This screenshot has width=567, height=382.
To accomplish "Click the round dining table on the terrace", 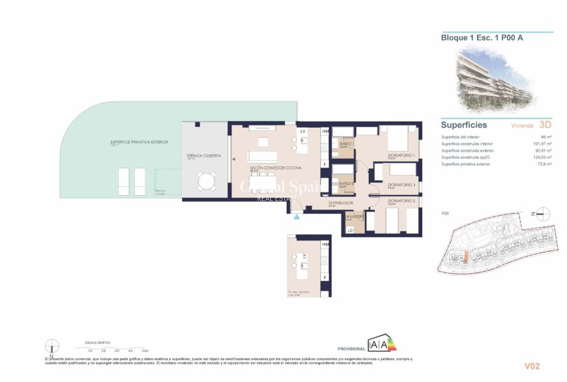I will (206, 180).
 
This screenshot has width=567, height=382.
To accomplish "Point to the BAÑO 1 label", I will (346, 144).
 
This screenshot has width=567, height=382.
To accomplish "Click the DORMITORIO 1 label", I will (402, 156).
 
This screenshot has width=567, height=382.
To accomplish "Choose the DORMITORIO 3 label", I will (402, 185).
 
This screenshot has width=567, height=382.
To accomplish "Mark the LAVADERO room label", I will (354, 216).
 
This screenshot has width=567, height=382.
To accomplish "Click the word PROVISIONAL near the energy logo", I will (351, 349).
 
